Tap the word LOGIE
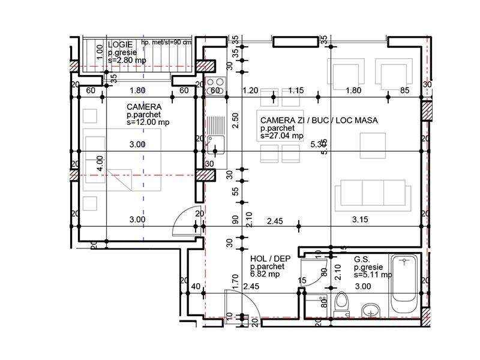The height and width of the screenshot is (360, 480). click(121, 46)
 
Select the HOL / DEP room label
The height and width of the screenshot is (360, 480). click(269, 259)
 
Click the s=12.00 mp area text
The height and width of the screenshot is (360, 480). click(148, 122)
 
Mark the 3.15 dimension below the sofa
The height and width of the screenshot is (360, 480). click(360, 220)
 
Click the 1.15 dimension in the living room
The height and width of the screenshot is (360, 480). click(296, 91)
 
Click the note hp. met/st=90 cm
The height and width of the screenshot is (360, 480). click(166, 42)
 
